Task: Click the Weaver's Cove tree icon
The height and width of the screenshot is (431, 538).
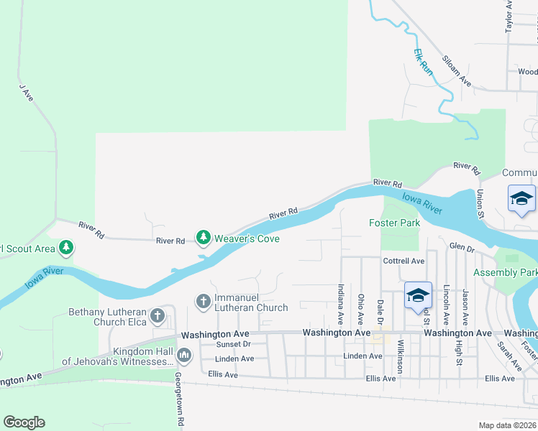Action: pyautogui.click(x=204, y=237)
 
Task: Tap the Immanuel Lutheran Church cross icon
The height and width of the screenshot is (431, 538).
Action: pyautogui.click(x=204, y=301)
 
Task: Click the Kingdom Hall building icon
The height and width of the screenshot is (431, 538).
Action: pyautogui.click(x=184, y=354)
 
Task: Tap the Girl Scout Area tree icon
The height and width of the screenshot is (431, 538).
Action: pyautogui.click(x=66, y=249)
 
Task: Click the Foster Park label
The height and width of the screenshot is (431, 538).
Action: pyautogui.click(x=394, y=223)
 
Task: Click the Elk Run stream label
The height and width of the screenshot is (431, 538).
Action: pyautogui.click(x=424, y=62)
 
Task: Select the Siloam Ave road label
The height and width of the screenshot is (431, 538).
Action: pyautogui.click(x=457, y=72)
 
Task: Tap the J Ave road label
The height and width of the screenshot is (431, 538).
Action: pyautogui.click(x=26, y=92)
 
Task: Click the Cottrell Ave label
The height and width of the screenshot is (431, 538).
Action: pyautogui.click(x=404, y=261)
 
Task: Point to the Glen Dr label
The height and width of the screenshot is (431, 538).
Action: pyautogui.click(x=462, y=248)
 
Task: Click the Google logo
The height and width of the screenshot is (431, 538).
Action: pyautogui.click(x=24, y=422)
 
